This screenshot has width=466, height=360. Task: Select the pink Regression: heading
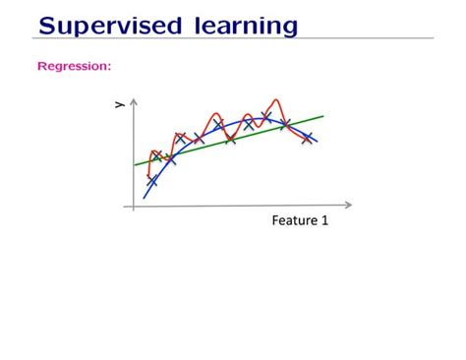[x=74, y=67]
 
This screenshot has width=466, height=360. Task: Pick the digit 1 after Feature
[x=324, y=221]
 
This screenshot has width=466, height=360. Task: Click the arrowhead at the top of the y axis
[x=133, y=100]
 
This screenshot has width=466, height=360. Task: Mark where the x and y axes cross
[x=133, y=206]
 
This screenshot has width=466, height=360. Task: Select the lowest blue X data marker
[x=152, y=181]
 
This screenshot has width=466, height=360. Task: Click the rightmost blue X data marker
[x=308, y=138]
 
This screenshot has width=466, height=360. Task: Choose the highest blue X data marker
[x=265, y=116]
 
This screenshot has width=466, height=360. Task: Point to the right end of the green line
[x=322, y=116]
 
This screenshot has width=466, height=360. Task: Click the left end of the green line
[x=135, y=165]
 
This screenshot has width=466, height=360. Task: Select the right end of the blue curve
[x=317, y=142]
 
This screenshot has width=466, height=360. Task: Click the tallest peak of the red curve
[x=277, y=98]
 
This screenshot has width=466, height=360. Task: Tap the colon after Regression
[x=109, y=67]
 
